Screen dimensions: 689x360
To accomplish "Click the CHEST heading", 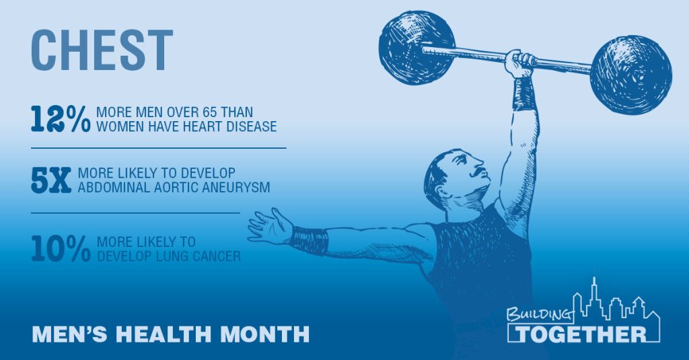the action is pyautogui.click(x=102, y=50).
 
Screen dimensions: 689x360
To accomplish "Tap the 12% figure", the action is pyautogui.click(x=61, y=118).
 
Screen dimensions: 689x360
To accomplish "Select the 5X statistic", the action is pyautogui.click(x=51, y=180).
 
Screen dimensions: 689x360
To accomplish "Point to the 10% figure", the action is pyautogui.click(x=61, y=249).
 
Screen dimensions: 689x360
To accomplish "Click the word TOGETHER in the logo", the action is pyautogui.click(x=581, y=334).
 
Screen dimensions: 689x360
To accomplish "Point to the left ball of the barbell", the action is pyautogui.click(x=416, y=48).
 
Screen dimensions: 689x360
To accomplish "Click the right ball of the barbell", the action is pyautogui.click(x=630, y=75).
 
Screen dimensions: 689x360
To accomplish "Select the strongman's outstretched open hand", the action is pyautogui.click(x=269, y=226).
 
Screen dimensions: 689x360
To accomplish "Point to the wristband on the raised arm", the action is pyautogui.click(x=523, y=93).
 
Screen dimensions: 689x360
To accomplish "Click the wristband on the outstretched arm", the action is pyautogui.click(x=310, y=240).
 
